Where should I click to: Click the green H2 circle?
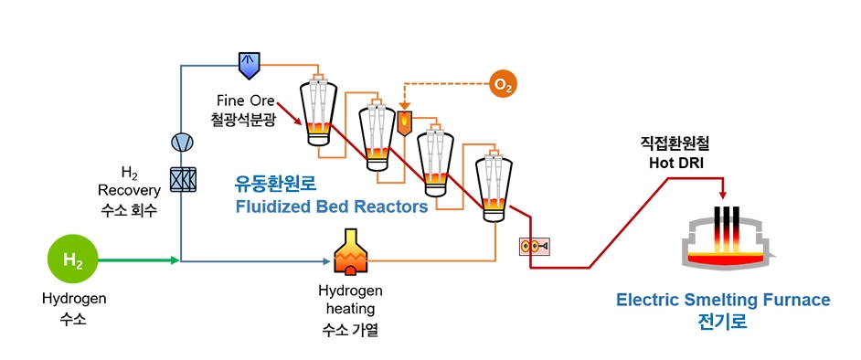pyautogui.click(x=72, y=260)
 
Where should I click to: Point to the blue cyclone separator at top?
pyautogui.click(x=249, y=65)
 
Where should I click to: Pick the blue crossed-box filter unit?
pyautogui.click(x=182, y=178)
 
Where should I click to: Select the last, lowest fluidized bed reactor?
pyautogui.click(x=493, y=187)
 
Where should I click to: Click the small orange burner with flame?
pyautogui.click(x=404, y=122)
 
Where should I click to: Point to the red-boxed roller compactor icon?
pyautogui.click(x=532, y=246)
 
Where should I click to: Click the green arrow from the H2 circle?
pyautogui.click(x=137, y=260)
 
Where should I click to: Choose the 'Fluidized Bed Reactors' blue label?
pyautogui.click(x=331, y=206)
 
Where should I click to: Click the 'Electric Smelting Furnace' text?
pyautogui.click(x=723, y=300)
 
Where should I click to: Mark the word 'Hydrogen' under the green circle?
pyautogui.click(x=73, y=298)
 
